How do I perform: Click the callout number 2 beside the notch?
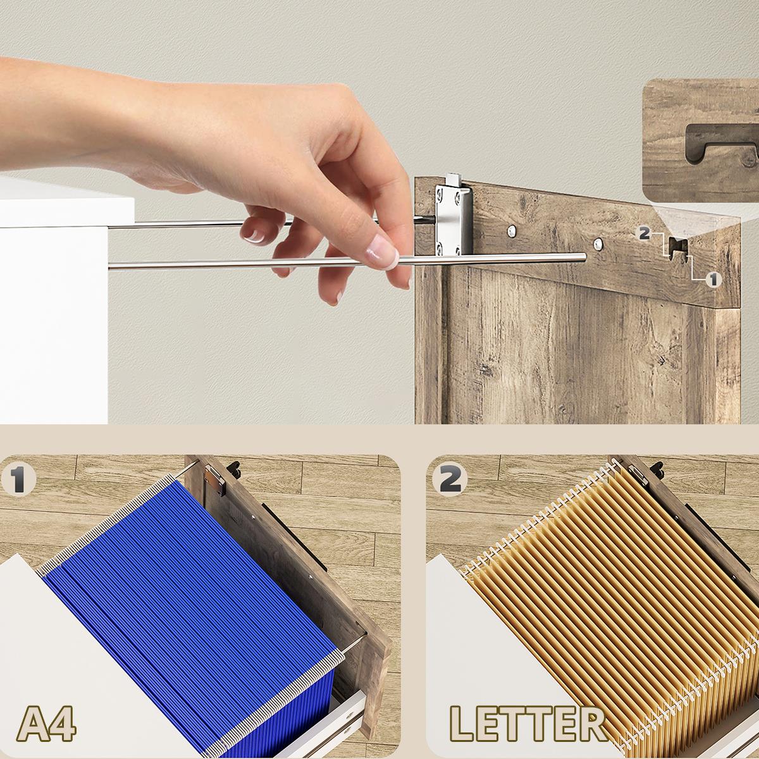(645, 233)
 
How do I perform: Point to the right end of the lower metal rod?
(584, 257)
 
